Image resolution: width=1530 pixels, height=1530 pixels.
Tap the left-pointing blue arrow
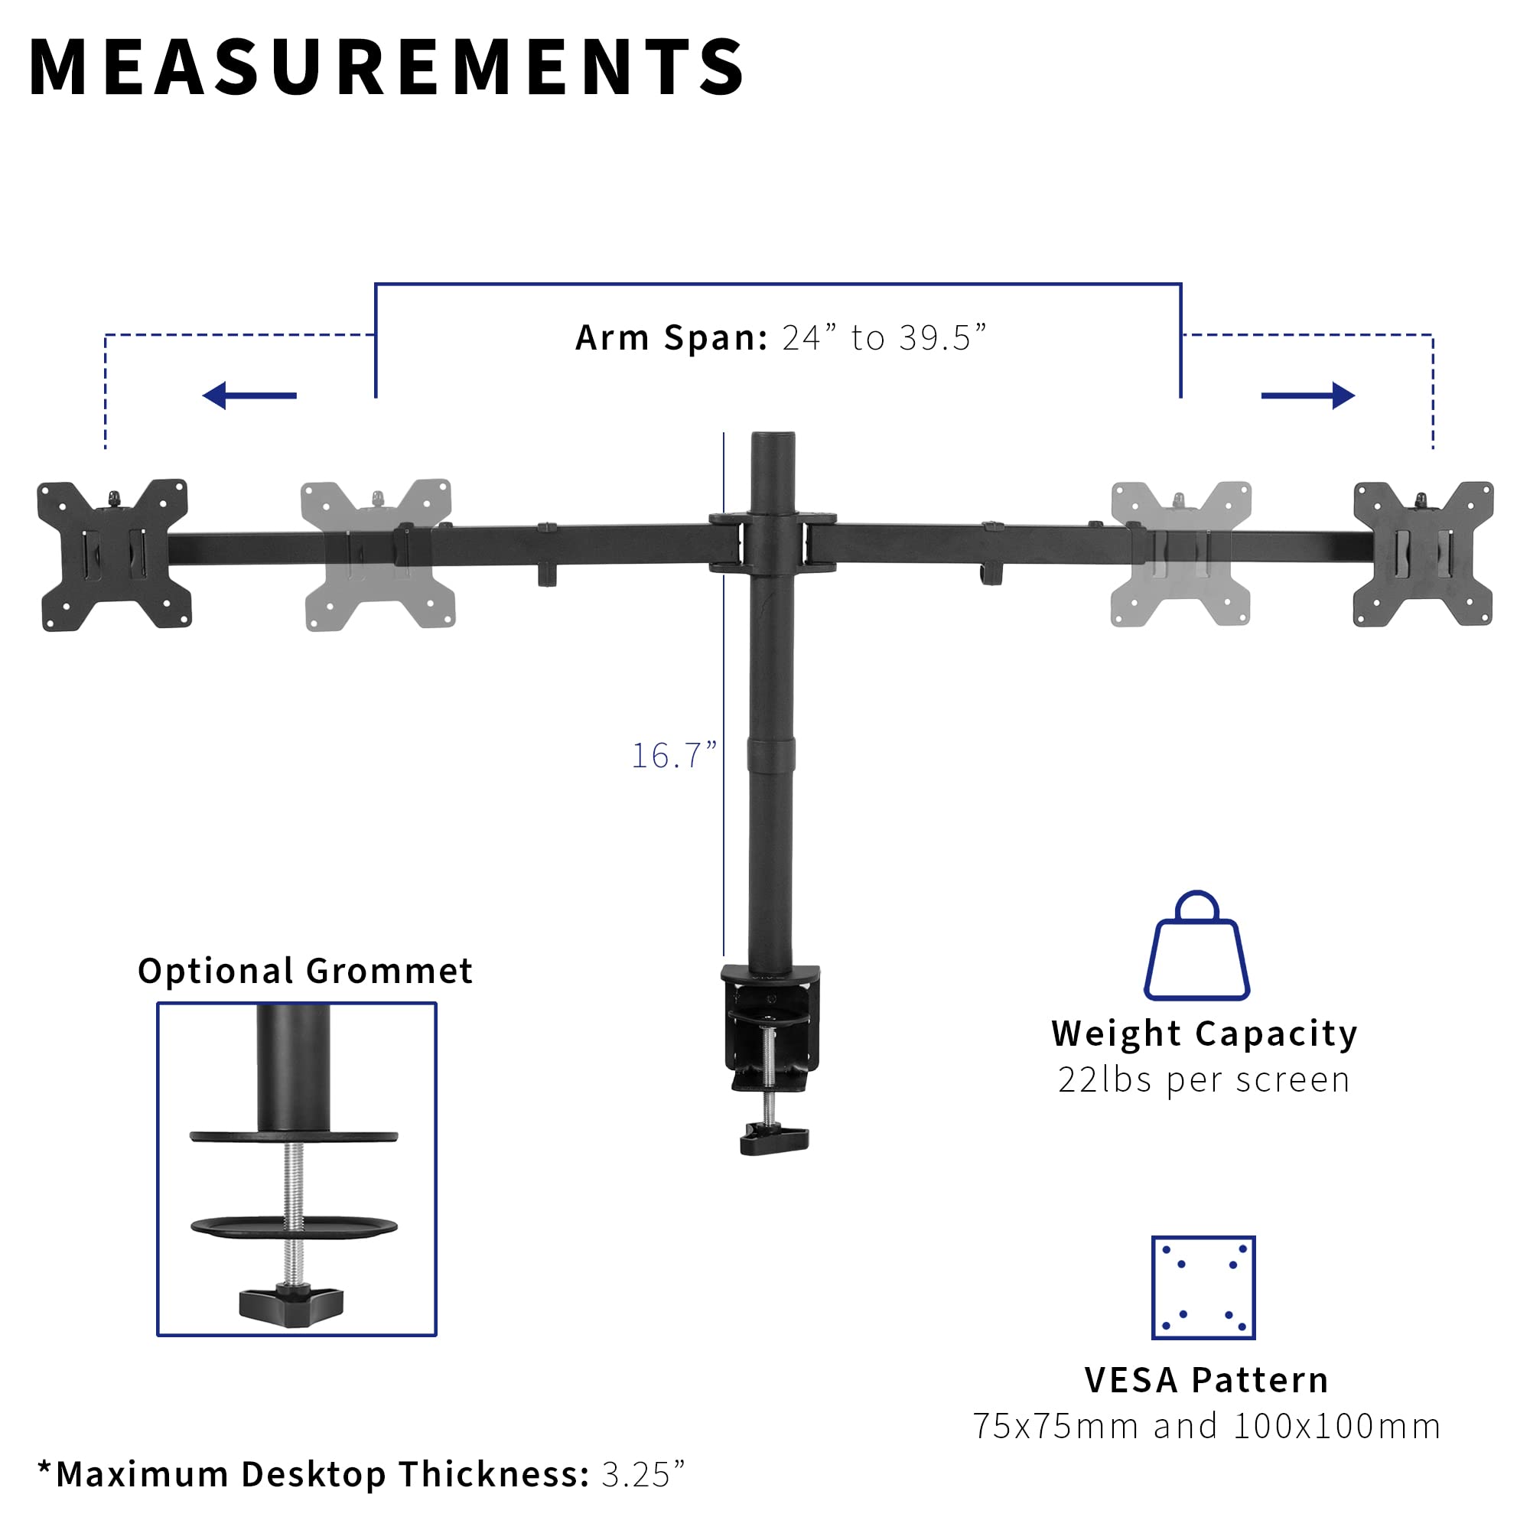point(249,396)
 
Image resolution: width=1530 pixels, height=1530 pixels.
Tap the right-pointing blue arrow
point(1307,396)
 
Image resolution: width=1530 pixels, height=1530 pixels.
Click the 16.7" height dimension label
point(673,756)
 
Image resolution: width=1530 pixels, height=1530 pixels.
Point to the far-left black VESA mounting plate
point(114,555)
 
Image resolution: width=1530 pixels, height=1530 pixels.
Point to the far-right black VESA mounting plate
point(1423,554)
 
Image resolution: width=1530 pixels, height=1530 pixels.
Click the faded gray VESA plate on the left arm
point(378,555)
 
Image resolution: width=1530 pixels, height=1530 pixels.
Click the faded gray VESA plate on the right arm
point(1180,554)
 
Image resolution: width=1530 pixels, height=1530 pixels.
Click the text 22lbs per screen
point(1203,1080)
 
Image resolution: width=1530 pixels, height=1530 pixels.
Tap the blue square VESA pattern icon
point(1203,1287)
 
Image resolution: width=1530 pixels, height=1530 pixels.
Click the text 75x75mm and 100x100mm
point(1206,1426)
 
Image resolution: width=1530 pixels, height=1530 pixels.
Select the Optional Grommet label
point(305,971)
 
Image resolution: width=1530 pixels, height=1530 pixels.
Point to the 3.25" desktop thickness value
point(643,1475)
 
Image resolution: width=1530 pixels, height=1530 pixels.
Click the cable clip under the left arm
point(546,575)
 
